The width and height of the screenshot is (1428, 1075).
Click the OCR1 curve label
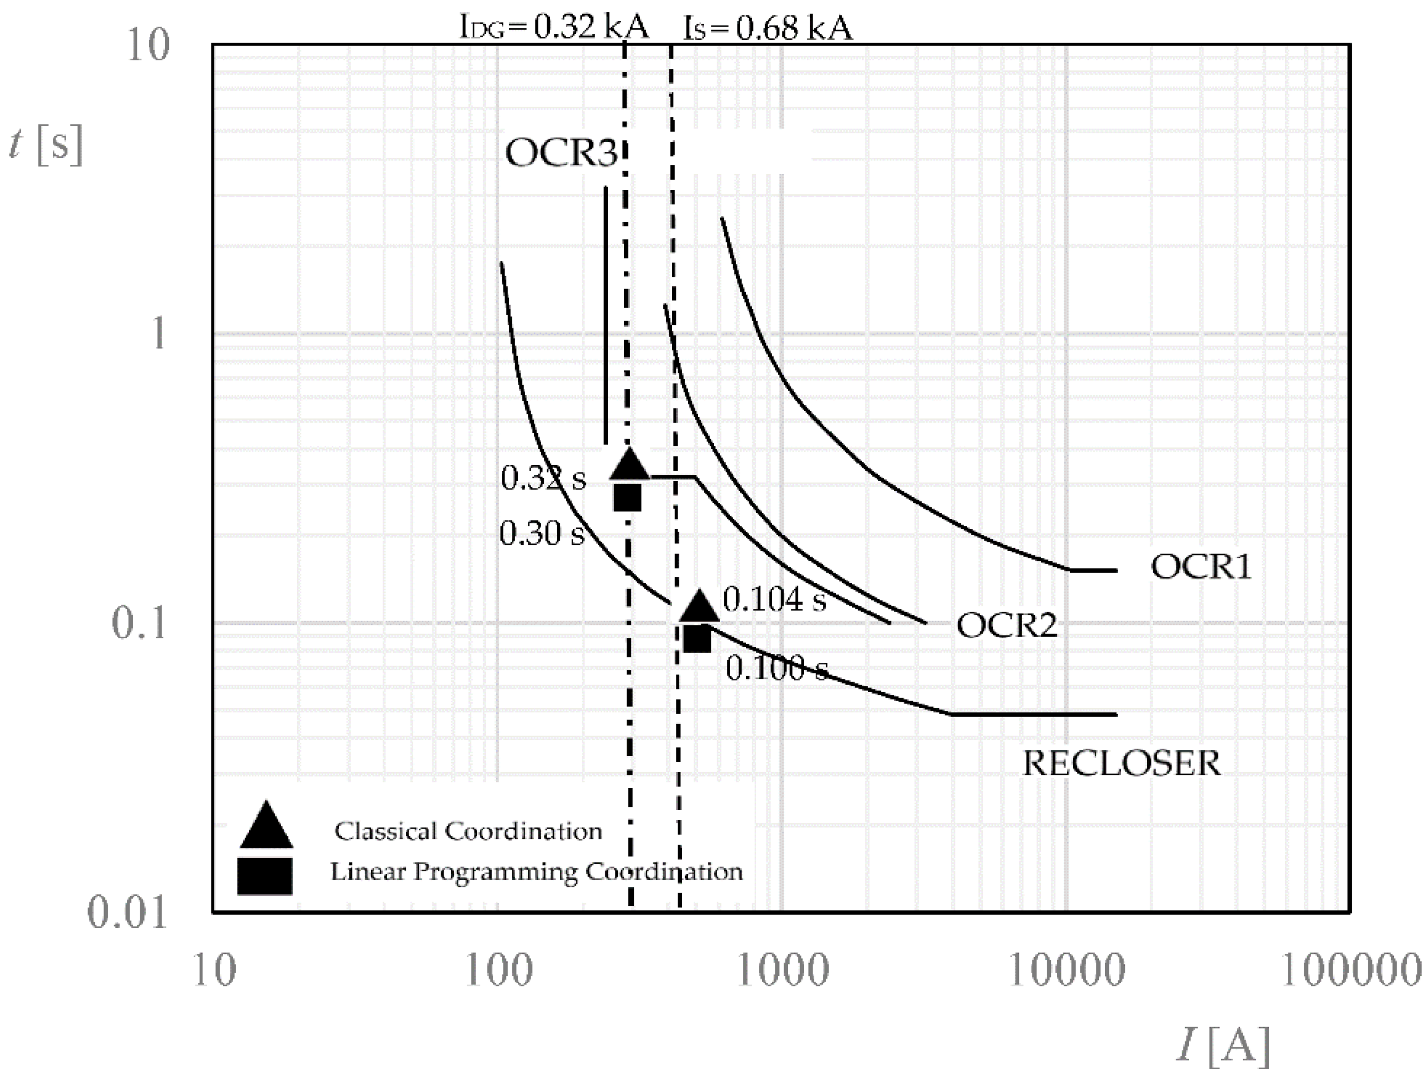coord(1201,567)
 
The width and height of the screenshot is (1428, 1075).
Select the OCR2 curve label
coord(1006,625)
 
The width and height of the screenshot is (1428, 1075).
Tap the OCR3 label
coord(560,154)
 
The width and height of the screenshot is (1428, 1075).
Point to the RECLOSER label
coord(1122,764)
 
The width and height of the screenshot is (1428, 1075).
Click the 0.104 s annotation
coord(774,600)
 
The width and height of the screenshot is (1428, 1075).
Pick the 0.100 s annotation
coord(776,668)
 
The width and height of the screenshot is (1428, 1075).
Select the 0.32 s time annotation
coord(543,478)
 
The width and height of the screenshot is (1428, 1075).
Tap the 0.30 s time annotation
coord(542,534)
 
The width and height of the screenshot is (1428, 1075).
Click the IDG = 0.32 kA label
coord(554,28)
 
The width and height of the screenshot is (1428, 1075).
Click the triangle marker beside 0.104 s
coord(699,607)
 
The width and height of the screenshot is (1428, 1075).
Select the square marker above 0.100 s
coord(697,638)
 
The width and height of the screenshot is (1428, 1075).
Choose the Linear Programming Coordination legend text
coord(536,872)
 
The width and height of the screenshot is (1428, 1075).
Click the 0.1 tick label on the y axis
coord(140,624)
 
